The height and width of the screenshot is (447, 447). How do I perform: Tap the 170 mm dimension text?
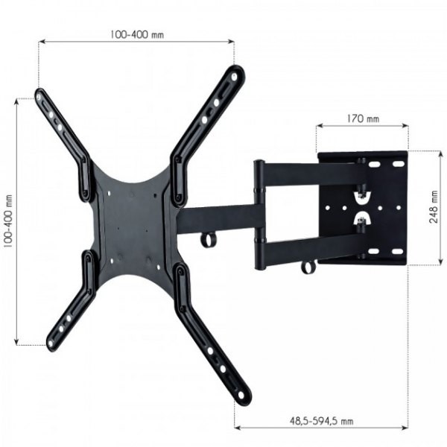pyautogui.click(x=362, y=118)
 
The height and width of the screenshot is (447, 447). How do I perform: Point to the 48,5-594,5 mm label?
pyautogui.click(x=321, y=421)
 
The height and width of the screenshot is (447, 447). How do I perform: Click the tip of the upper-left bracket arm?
pyautogui.click(x=40, y=95)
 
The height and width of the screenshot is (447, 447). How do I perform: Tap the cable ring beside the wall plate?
pyautogui.click(x=308, y=265)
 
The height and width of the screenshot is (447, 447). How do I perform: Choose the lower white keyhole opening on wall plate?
pyautogui.click(x=363, y=221)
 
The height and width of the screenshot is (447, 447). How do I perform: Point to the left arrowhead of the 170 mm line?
pyautogui.click(x=319, y=127)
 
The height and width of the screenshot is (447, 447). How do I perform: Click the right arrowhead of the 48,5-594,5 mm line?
pyautogui.click(x=406, y=428)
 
